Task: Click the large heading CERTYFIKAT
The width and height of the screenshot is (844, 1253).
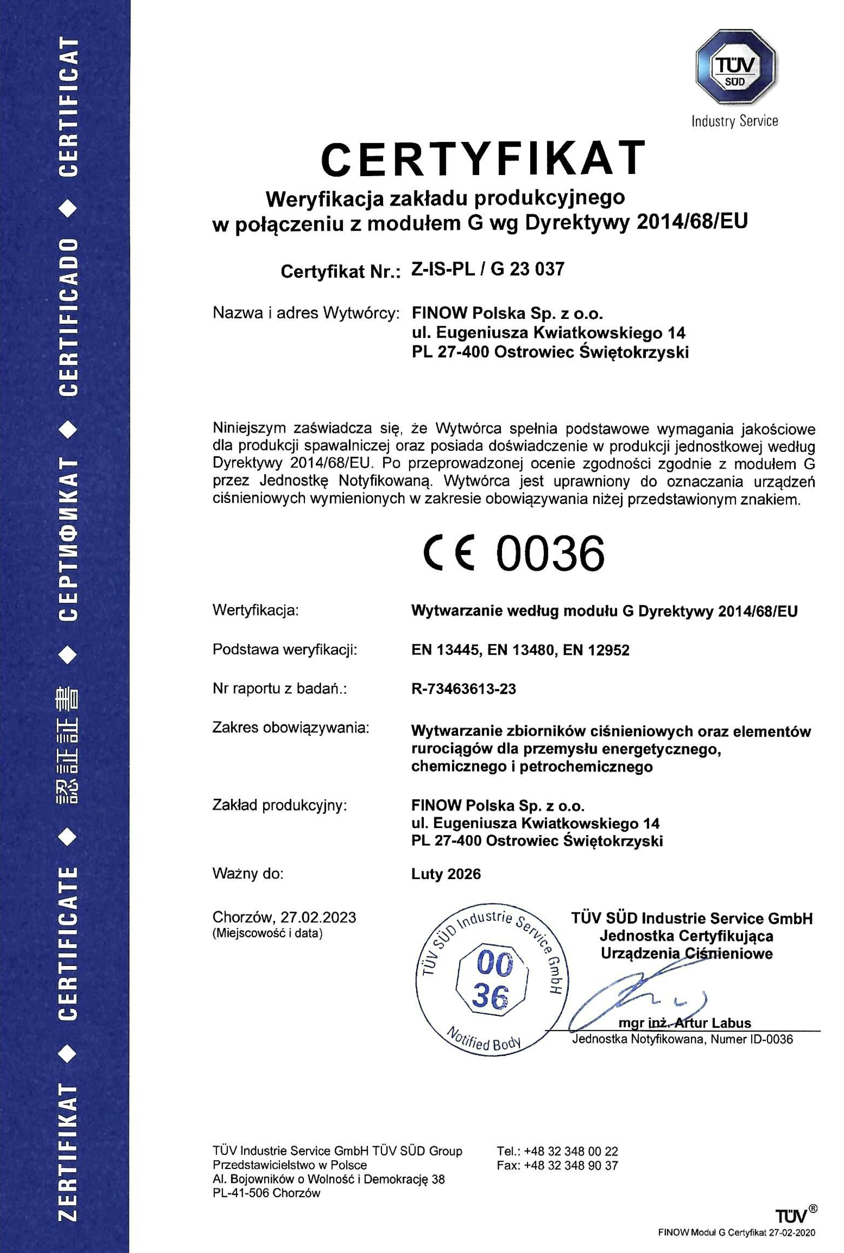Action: (483, 158)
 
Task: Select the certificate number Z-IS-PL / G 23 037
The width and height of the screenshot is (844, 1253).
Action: (488, 269)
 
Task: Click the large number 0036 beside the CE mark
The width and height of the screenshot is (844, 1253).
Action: (550, 554)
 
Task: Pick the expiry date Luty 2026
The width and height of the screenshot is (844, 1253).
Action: (446, 874)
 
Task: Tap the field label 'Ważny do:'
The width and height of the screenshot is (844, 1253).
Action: (248, 874)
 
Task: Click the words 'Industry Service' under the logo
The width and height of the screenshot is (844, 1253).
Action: (735, 121)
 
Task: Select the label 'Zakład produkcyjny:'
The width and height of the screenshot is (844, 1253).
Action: (279, 805)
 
